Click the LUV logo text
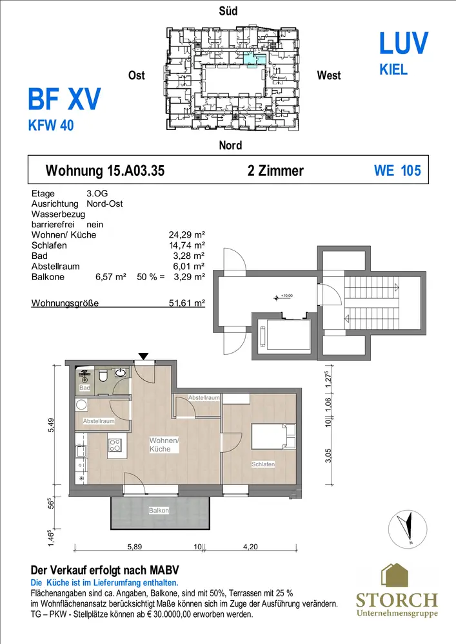[x=403, y=43]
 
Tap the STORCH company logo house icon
[x=395, y=575]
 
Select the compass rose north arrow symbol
[x=408, y=529]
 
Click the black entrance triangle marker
[x=143, y=356]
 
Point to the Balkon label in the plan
[x=159, y=511]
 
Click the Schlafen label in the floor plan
[x=263, y=464]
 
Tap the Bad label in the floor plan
[x=84, y=388]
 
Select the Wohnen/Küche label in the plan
[x=164, y=445]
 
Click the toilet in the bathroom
[x=103, y=375]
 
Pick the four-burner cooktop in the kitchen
[x=115, y=446]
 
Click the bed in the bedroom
[x=273, y=437]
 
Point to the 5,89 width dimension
[x=134, y=547]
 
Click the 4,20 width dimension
[x=250, y=547]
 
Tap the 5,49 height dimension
[x=51, y=425]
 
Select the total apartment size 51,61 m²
[x=186, y=303]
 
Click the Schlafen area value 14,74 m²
[x=186, y=245]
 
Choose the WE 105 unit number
[x=397, y=171]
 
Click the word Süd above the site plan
[x=228, y=11]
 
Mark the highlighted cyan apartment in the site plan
[x=255, y=59]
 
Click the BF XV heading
[x=64, y=99]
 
